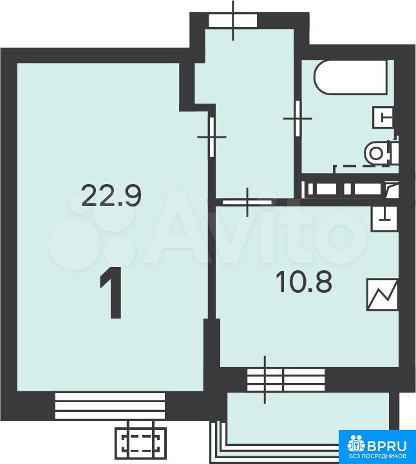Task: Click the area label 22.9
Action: coord(111,195)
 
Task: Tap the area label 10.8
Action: coord(303,282)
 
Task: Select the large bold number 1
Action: coord(111,292)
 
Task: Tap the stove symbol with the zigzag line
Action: coord(382,295)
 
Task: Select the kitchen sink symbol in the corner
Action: coord(384,219)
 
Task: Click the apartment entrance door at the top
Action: coord(232,21)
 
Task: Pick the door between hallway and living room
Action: coord(212,136)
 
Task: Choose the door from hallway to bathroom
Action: coord(298,118)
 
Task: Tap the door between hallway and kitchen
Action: coord(247,203)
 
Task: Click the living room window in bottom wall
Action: coord(110,405)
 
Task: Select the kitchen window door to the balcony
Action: coord(285,380)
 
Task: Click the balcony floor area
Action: coord(308,418)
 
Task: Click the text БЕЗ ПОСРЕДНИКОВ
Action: coord(377,455)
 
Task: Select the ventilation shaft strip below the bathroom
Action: coord(350,189)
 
